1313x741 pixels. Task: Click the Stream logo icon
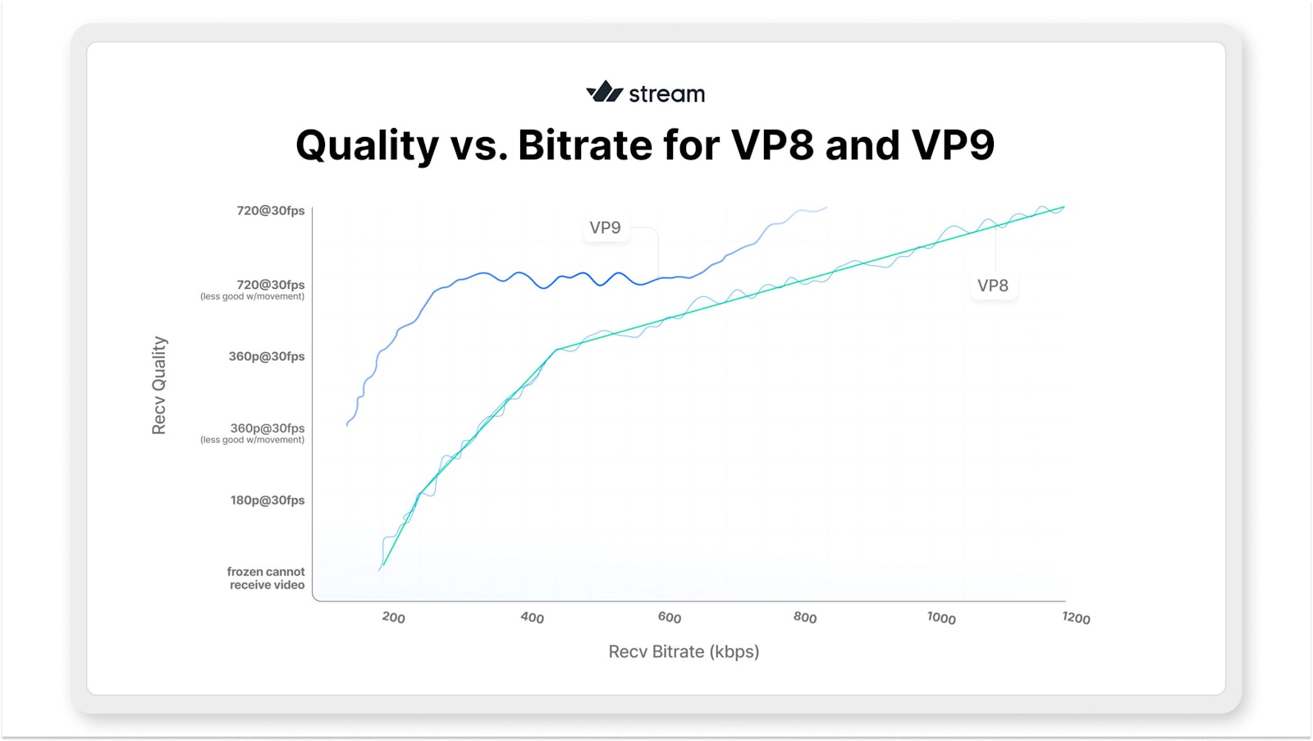[x=604, y=92]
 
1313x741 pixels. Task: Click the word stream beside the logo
[x=666, y=94]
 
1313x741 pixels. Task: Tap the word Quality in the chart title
[x=367, y=146]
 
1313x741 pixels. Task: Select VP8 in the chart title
[x=771, y=145]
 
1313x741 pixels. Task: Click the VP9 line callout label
[x=606, y=227]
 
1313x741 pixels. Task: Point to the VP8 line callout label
[x=992, y=286]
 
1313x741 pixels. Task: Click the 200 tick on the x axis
[x=393, y=617]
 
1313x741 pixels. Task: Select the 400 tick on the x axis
[x=532, y=617]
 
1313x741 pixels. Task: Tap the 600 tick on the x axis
[x=669, y=617]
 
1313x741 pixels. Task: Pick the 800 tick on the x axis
[x=805, y=617]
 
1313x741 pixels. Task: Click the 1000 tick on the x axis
[x=941, y=618]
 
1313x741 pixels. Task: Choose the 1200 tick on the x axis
[x=1076, y=618]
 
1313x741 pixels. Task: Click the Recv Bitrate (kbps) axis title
[x=684, y=652]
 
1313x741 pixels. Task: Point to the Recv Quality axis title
[x=159, y=385]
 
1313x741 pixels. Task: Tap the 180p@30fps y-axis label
[x=268, y=500]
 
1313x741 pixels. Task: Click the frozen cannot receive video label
[x=266, y=578]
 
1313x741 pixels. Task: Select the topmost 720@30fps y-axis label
[x=271, y=211]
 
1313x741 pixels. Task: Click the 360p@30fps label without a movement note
[x=267, y=356]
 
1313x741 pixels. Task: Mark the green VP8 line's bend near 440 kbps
[x=556, y=350]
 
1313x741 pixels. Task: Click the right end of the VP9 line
[x=826, y=208]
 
